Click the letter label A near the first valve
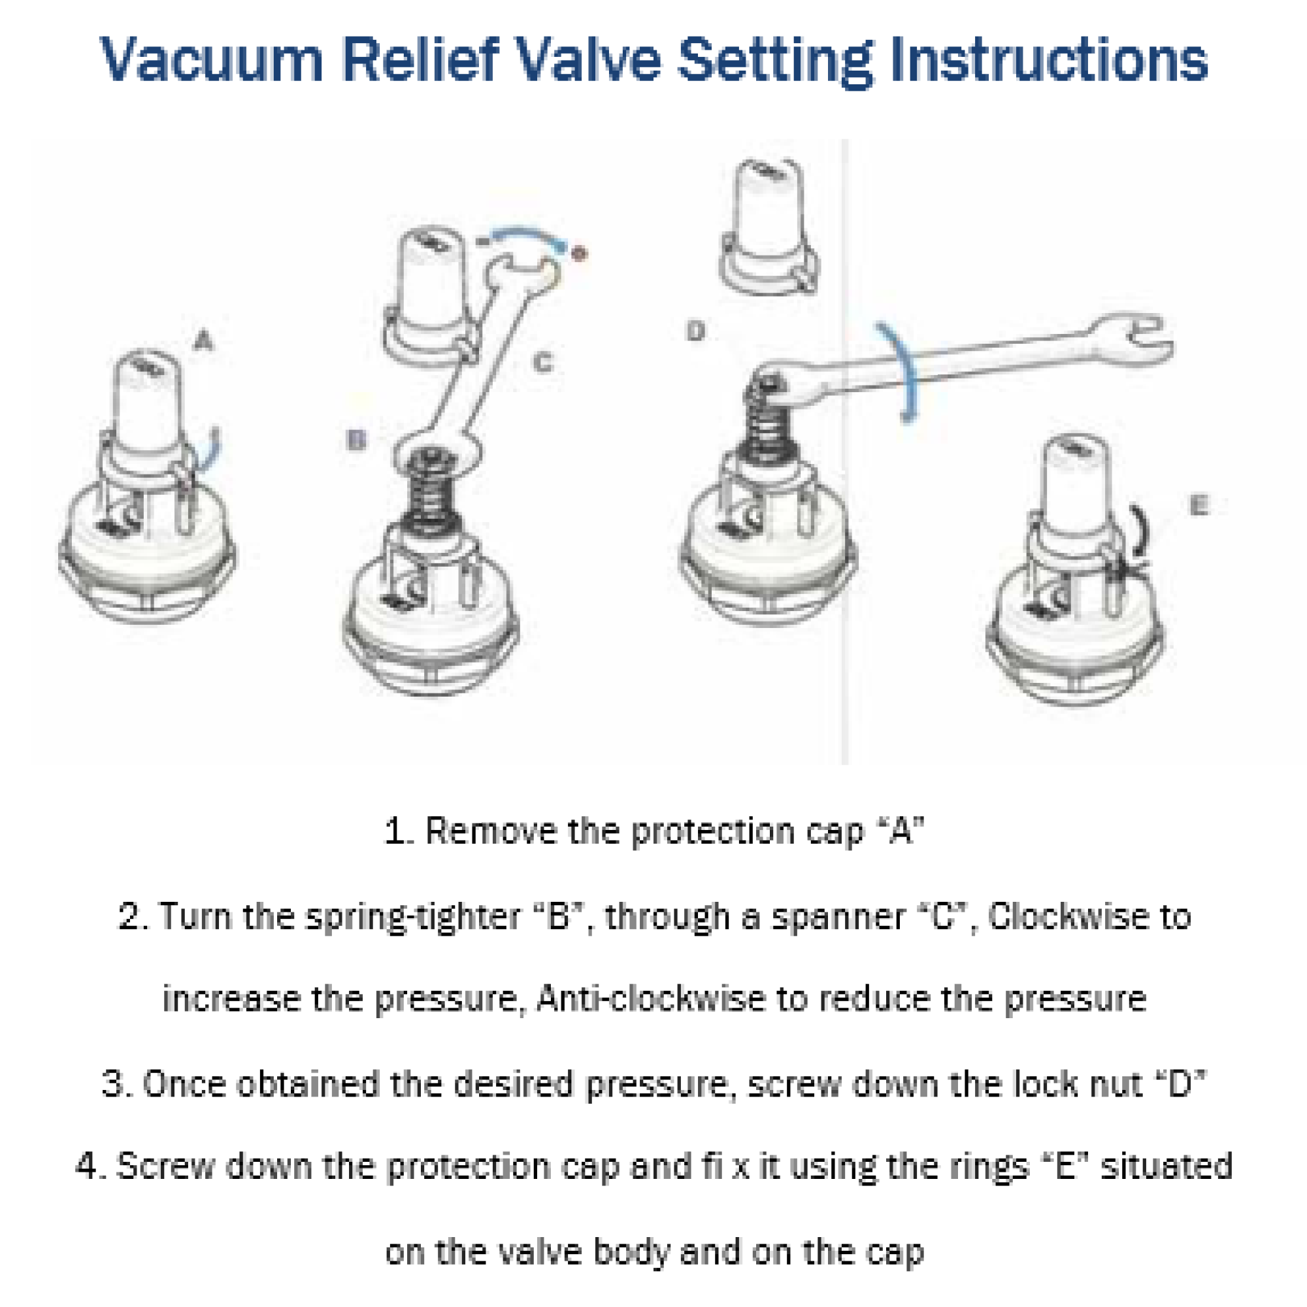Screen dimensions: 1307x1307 point(203,340)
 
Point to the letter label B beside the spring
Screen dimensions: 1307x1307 point(356,440)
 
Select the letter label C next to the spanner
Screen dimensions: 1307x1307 point(542,363)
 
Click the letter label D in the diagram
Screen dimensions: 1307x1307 point(695,331)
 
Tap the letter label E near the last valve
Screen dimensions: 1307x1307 point(1198,505)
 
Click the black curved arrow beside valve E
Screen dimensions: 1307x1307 point(1142,535)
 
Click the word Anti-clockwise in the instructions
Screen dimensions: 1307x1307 point(650,999)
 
